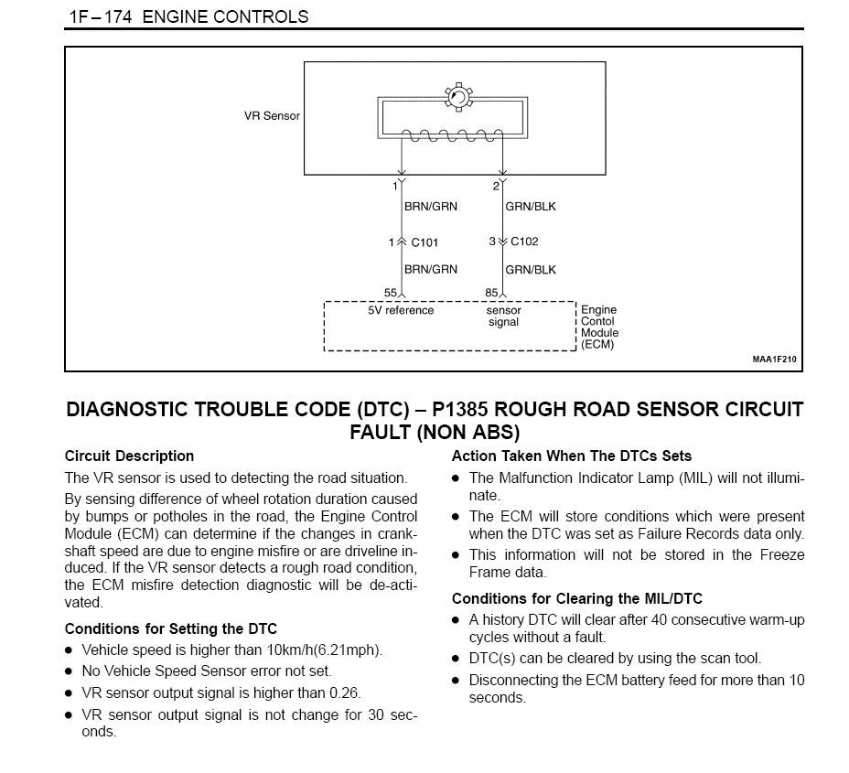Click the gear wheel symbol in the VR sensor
(x=458, y=98)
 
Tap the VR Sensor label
(x=272, y=116)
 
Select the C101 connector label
(x=424, y=242)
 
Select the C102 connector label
(x=524, y=242)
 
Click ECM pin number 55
(x=391, y=293)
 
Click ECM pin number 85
(x=491, y=293)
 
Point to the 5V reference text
(x=401, y=311)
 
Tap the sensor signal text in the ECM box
(x=503, y=317)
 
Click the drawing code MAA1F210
(x=774, y=360)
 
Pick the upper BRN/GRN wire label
(x=431, y=206)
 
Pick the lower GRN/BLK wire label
(x=531, y=270)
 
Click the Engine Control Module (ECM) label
(x=599, y=327)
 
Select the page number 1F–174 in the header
(x=101, y=16)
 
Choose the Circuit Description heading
(x=129, y=456)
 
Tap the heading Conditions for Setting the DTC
(x=170, y=628)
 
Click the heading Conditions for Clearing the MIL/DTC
(x=577, y=598)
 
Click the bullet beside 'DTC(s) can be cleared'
(x=456, y=660)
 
